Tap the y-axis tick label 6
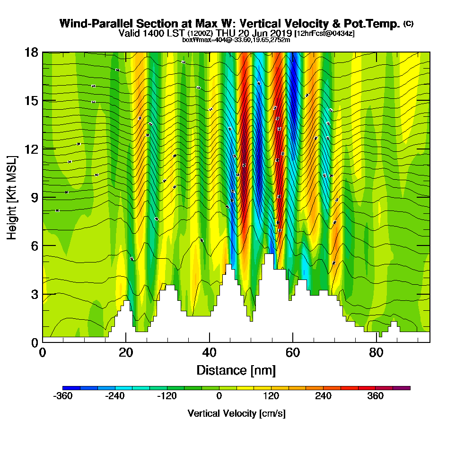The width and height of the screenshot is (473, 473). (34, 245)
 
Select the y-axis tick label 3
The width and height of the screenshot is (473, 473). (34, 294)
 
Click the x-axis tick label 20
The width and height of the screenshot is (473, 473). (125, 353)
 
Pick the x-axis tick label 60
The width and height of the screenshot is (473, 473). (293, 353)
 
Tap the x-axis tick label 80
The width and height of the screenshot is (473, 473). (376, 353)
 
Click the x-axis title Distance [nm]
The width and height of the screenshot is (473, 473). (236, 370)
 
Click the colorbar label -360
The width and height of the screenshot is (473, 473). (63, 396)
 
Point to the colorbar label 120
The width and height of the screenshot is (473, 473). (271, 396)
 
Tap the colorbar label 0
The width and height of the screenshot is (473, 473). (219, 396)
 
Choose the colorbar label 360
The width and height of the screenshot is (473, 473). (375, 396)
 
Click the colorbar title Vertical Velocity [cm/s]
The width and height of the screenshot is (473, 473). (236, 413)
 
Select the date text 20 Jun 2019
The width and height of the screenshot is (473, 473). (262, 33)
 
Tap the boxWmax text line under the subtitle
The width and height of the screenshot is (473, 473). (236, 40)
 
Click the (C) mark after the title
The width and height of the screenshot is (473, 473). (408, 24)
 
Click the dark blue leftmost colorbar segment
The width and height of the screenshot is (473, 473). (71, 388)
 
